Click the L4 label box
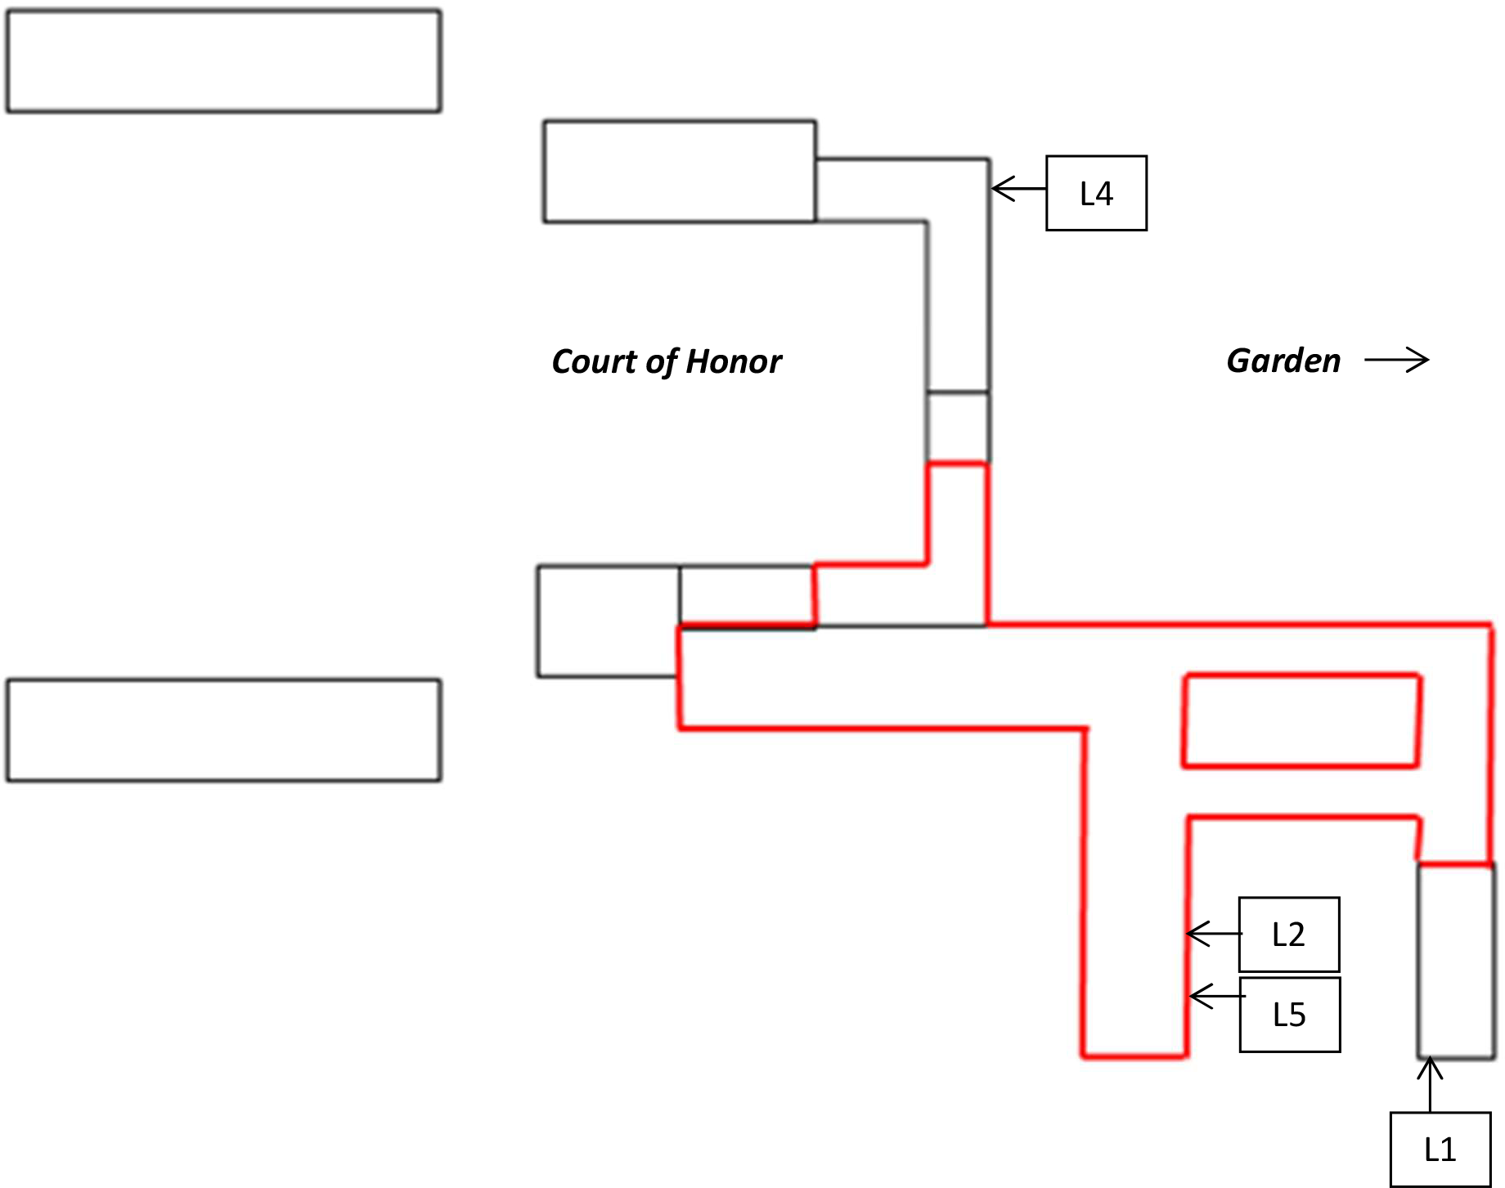[1096, 193]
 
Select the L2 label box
[1288, 934]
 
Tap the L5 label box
[1289, 1014]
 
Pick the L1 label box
[1440, 1149]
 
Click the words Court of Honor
[666, 361]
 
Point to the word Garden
[1283, 361]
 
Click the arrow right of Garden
[1396, 360]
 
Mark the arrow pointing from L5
[1216, 996]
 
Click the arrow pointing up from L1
[1430, 1084]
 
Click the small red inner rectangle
[1301, 720]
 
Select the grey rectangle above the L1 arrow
[1456, 961]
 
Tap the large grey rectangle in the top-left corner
[223, 61]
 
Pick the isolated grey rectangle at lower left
[223, 730]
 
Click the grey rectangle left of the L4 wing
[680, 172]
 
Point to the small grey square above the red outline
[958, 428]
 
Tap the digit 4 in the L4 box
[1104, 194]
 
